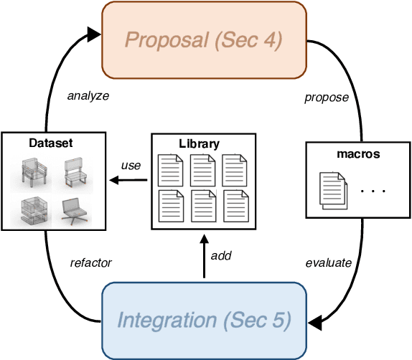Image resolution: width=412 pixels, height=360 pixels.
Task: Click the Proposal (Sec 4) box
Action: coord(204,39)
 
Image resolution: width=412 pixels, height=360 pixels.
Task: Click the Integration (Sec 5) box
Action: coord(204,321)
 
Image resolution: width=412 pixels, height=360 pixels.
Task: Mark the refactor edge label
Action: coord(90,262)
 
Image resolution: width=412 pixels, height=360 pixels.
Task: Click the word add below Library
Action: coord(221,256)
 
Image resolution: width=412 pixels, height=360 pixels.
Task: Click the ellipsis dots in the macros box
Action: coord(374,191)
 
